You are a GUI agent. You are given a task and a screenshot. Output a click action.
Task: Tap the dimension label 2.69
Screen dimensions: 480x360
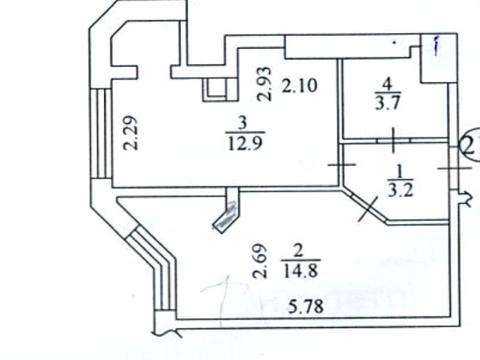tap(259, 261)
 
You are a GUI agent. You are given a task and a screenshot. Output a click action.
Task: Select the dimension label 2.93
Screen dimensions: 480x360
tap(264, 83)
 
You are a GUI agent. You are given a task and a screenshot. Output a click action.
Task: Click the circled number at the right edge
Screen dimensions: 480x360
tap(472, 145)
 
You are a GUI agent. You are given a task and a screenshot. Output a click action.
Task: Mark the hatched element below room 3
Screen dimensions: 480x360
tap(229, 212)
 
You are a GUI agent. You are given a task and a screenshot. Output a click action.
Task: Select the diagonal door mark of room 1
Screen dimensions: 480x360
tap(367, 208)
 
